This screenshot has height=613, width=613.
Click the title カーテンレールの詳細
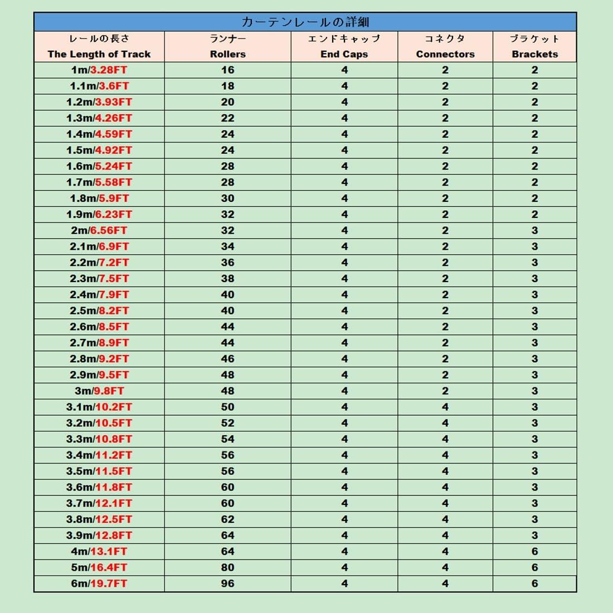tap(305, 22)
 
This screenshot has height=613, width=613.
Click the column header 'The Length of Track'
tap(99, 54)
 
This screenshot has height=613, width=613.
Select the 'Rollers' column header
tap(227, 54)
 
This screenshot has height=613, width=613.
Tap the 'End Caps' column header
tap(344, 54)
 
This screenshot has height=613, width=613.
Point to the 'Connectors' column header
tap(445, 54)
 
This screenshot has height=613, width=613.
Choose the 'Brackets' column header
tap(534, 54)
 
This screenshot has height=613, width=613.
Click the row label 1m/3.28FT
tap(99, 70)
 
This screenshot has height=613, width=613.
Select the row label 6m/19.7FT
tap(99, 583)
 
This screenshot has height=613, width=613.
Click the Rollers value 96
tap(227, 583)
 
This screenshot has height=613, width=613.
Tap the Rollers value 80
tap(227, 567)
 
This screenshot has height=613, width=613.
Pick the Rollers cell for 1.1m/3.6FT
tap(227, 86)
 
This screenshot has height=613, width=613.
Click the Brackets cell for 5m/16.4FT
tap(534, 567)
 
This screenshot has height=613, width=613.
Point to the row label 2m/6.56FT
tap(99, 230)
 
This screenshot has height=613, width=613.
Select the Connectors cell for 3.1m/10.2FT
tap(445, 407)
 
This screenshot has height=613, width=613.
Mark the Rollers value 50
tap(227, 407)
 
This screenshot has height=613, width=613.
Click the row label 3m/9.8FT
tap(99, 391)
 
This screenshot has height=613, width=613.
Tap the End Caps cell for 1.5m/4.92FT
tap(344, 150)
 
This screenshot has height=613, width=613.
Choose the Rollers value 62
tap(227, 519)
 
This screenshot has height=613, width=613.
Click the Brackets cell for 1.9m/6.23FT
tap(534, 214)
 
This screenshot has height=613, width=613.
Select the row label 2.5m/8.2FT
tap(99, 310)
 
